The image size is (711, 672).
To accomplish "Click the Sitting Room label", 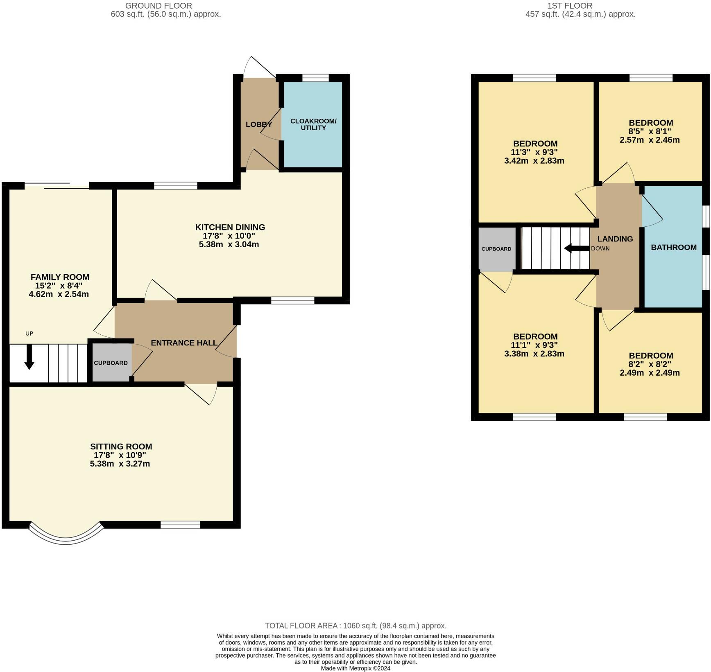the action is [x=121, y=446].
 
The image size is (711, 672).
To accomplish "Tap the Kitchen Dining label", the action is [x=230, y=227].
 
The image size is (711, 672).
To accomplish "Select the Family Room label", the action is [x=60, y=277].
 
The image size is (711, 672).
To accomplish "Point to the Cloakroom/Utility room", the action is [x=313, y=124].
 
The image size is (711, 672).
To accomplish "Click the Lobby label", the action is [x=259, y=124].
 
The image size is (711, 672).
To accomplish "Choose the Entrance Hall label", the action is [x=184, y=343].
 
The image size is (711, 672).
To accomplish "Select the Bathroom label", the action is [x=674, y=247].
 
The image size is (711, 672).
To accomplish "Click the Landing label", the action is [x=615, y=239].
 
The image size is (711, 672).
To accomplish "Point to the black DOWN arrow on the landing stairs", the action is [x=577, y=248].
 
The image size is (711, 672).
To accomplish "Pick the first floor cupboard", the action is [x=497, y=249].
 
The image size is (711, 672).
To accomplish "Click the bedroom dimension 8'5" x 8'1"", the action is [x=651, y=131].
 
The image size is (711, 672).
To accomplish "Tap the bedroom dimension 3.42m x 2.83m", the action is [x=534, y=161].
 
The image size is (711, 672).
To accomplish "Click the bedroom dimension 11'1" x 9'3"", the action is [x=534, y=345].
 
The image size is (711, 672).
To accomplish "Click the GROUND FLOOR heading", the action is [x=158, y=6].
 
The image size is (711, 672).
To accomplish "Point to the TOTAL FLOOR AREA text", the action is [x=355, y=626].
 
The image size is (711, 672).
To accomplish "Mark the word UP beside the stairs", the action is [x=29, y=334].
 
